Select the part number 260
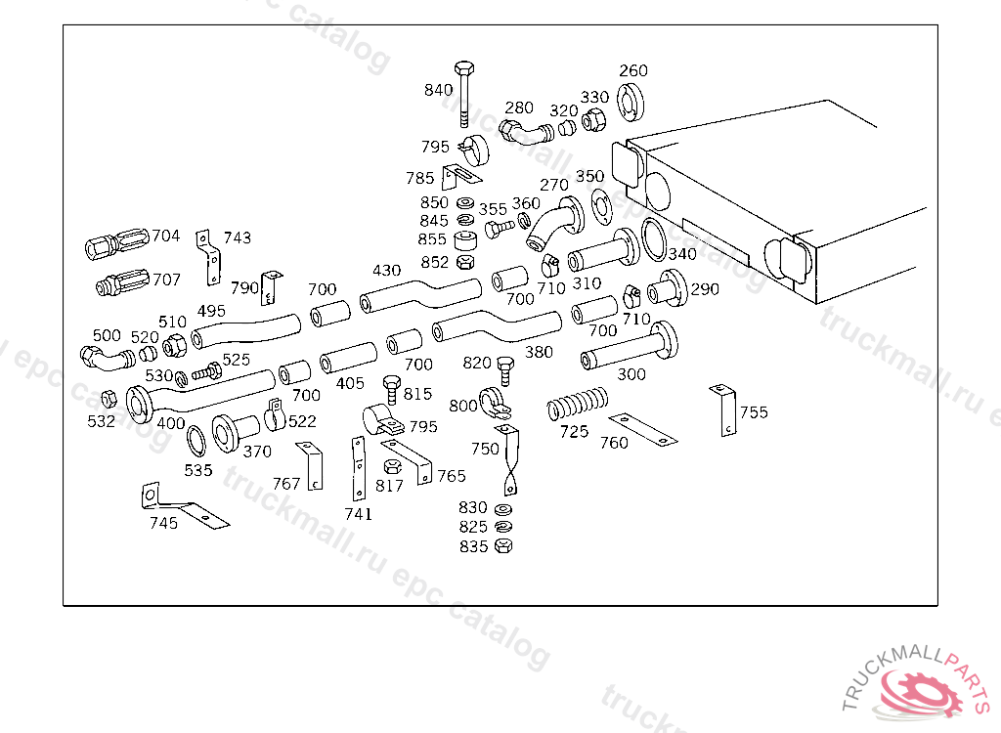pyautogui.click(x=633, y=70)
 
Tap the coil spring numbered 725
pyautogui.click(x=578, y=403)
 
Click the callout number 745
pyautogui.click(x=163, y=523)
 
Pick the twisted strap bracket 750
pyautogui.click(x=509, y=459)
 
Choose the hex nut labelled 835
pyautogui.click(x=503, y=546)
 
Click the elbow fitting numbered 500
pyautogui.click(x=108, y=358)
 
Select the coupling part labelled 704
pyautogui.click(x=117, y=243)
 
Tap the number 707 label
pyautogui.click(x=166, y=280)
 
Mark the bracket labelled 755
pyautogui.click(x=724, y=410)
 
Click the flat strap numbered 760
pyautogui.click(x=642, y=430)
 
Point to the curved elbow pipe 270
pyautogui.click(x=556, y=224)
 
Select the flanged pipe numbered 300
pyautogui.click(x=630, y=346)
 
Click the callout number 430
pyautogui.click(x=387, y=271)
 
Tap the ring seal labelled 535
pyautogui.click(x=196, y=441)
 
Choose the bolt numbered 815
pyautogui.click(x=391, y=389)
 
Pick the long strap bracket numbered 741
pyautogui.click(x=359, y=469)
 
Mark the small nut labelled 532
pyautogui.click(x=109, y=399)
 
